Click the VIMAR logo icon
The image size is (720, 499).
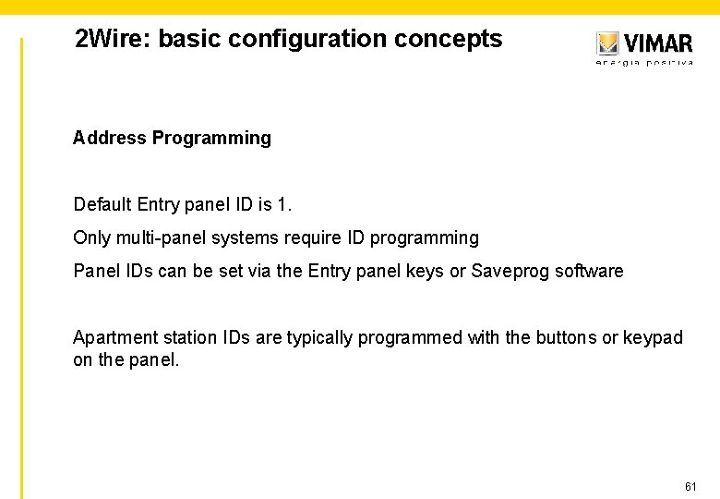point(607,43)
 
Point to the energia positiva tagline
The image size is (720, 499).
point(644,63)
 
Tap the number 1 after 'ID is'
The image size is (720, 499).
point(283,203)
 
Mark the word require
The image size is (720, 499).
point(310,237)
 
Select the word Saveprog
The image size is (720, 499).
point(510,272)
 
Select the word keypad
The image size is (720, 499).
point(653,338)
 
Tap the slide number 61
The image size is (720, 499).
point(690,486)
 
